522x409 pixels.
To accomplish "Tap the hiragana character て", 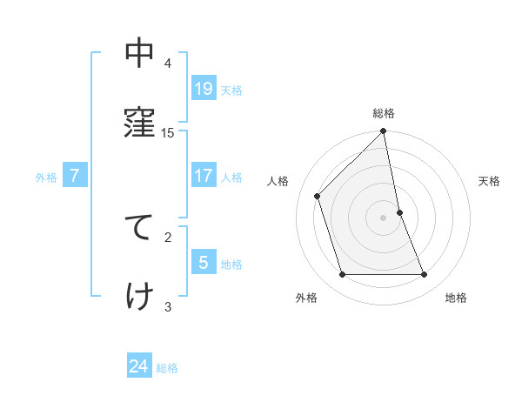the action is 139,226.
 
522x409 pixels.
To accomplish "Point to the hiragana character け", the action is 139,296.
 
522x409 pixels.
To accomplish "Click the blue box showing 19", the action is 204,88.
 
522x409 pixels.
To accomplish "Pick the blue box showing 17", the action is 204,176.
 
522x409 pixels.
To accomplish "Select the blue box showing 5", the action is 204,262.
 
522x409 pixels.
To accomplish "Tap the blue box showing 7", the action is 75,176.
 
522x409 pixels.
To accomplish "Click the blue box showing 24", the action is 139,366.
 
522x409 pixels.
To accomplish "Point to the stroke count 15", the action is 168,132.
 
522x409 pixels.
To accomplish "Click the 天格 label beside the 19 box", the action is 231,90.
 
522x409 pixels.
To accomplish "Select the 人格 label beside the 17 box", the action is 231,178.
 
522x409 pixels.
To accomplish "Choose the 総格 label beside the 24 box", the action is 167,368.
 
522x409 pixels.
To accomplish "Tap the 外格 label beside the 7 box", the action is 46,178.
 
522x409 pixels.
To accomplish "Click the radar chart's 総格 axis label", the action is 384,113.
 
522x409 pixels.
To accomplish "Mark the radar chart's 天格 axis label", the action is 489,181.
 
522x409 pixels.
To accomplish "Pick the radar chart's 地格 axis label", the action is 456,298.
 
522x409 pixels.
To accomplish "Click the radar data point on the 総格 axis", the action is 384,132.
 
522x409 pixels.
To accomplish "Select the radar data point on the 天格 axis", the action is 399,212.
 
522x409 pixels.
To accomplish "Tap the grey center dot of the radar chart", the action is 384,218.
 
